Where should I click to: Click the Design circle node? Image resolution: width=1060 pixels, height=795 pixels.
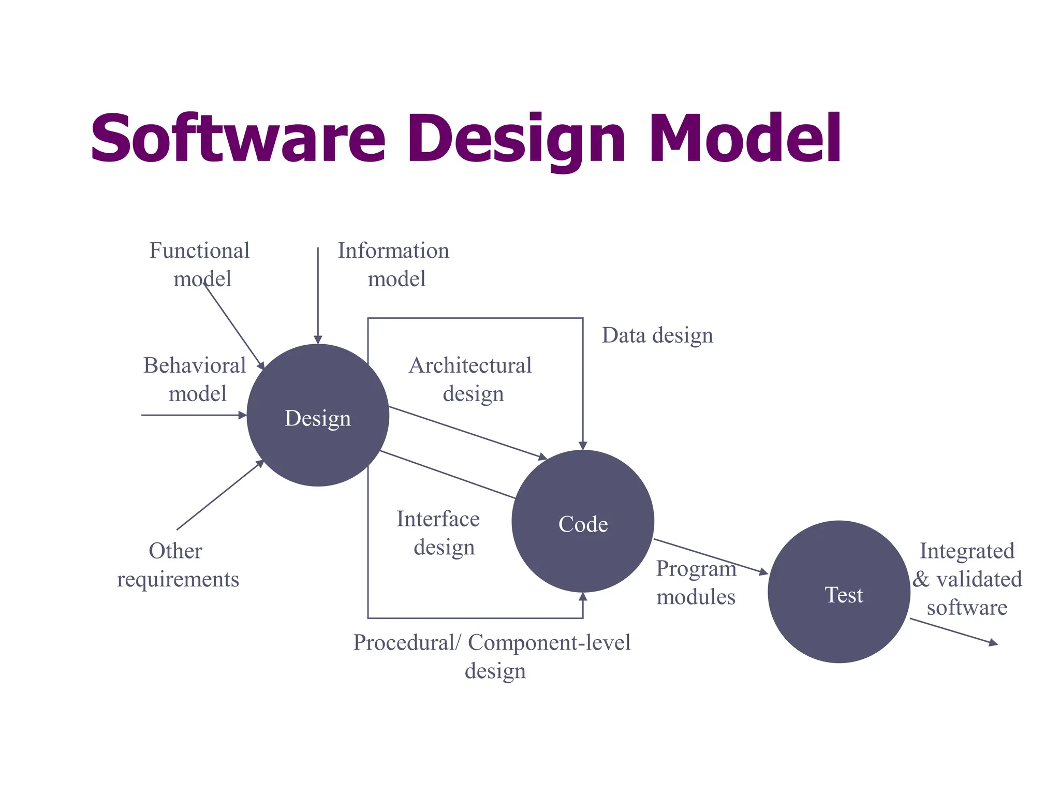[x=318, y=416]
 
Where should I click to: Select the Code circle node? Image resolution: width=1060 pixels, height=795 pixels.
[x=583, y=522]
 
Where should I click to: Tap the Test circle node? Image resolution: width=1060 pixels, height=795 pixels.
[x=839, y=592]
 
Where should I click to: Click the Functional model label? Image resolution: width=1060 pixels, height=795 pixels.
[x=200, y=264]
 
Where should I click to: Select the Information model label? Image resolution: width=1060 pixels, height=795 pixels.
[x=394, y=264]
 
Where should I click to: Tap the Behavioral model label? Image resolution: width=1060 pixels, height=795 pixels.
[x=195, y=379]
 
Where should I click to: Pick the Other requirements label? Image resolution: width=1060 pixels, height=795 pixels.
[x=178, y=565]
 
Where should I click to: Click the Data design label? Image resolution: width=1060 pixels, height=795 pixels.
[x=657, y=335]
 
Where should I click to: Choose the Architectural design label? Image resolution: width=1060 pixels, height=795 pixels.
[x=470, y=379]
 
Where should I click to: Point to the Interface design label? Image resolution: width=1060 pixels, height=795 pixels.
[x=439, y=533]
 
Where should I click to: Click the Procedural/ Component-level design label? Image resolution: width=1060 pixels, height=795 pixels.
[x=492, y=656]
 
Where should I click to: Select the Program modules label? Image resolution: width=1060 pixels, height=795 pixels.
[x=696, y=583]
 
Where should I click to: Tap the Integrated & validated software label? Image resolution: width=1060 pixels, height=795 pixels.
[x=967, y=579]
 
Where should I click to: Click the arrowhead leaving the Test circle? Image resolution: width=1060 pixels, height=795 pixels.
[x=993, y=643]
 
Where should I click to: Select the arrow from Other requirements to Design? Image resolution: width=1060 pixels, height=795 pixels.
[x=220, y=495]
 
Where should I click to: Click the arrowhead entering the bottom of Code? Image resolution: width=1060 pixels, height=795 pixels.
[x=583, y=597]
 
